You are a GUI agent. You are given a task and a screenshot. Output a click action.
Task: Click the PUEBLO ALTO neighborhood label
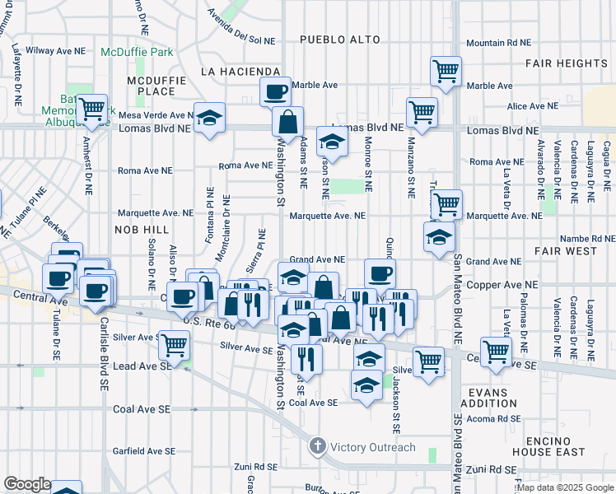[x=339, y=40]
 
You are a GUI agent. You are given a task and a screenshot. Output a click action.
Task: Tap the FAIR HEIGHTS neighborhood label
[x=569, y=63]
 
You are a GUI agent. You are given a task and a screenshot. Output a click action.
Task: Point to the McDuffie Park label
[x=137, y=52]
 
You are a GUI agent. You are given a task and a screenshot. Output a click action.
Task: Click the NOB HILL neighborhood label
[x=142, y=229]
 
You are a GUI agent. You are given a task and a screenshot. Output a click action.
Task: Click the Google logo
[x=27, y=484]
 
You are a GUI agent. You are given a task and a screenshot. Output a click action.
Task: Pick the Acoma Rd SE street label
[x=489, y=417]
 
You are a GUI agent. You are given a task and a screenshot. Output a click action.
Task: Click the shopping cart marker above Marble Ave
[x=446, y=71]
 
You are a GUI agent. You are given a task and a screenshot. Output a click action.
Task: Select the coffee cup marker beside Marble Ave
[x=275, y=91]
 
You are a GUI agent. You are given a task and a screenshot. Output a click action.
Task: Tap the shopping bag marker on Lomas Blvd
[x=288, y=122]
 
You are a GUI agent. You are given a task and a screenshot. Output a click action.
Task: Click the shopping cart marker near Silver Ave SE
[x=173, y=345]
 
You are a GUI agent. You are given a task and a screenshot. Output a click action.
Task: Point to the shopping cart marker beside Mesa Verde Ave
[x=93, y=108]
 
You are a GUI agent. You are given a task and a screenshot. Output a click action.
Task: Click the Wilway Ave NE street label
[x=51, y=50]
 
